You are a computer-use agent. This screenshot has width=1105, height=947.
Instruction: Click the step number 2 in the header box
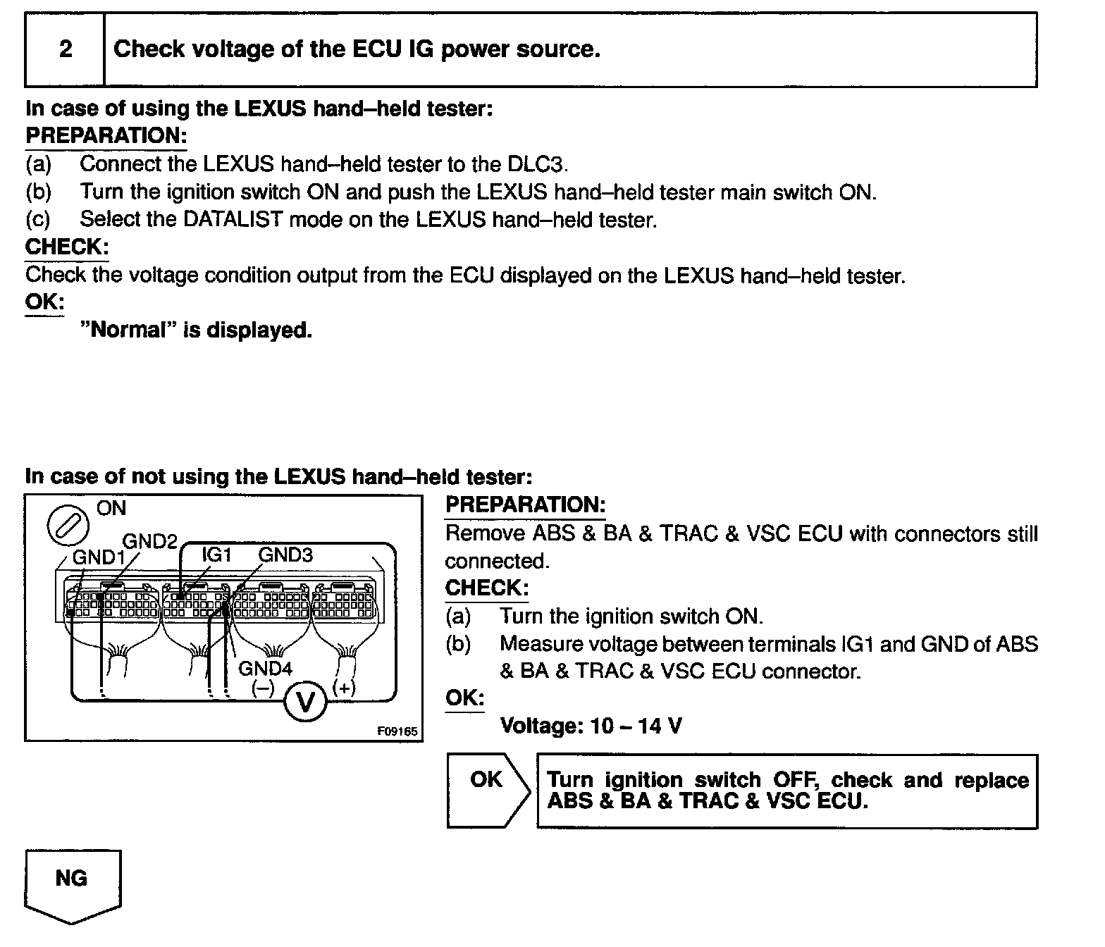(x=66, y=49)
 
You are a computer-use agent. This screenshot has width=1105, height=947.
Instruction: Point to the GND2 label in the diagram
(x=149, y=541)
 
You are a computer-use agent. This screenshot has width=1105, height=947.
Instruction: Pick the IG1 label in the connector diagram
(x=216, y=555)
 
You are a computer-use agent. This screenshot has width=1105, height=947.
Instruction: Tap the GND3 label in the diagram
(x=285, y=555)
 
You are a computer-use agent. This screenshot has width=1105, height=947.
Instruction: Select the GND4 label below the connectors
(x=265, y=668)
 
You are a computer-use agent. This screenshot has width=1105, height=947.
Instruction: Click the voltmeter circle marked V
(x=305, y=701)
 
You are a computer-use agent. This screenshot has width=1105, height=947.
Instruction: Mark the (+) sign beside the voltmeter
(x=345, y=687)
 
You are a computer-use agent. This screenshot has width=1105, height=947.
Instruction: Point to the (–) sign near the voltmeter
(x=264, y=688)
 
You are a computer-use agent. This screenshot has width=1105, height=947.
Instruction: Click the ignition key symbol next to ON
(x=68, y=526)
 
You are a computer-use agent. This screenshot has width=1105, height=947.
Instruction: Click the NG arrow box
(x=72, y=884)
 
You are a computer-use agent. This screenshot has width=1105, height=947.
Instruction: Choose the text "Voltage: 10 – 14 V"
(x=591, y=726)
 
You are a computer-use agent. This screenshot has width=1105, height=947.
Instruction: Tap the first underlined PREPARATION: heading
(x=106, y=135)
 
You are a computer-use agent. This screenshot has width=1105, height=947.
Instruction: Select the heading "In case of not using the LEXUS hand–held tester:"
(x=278, y=477)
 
